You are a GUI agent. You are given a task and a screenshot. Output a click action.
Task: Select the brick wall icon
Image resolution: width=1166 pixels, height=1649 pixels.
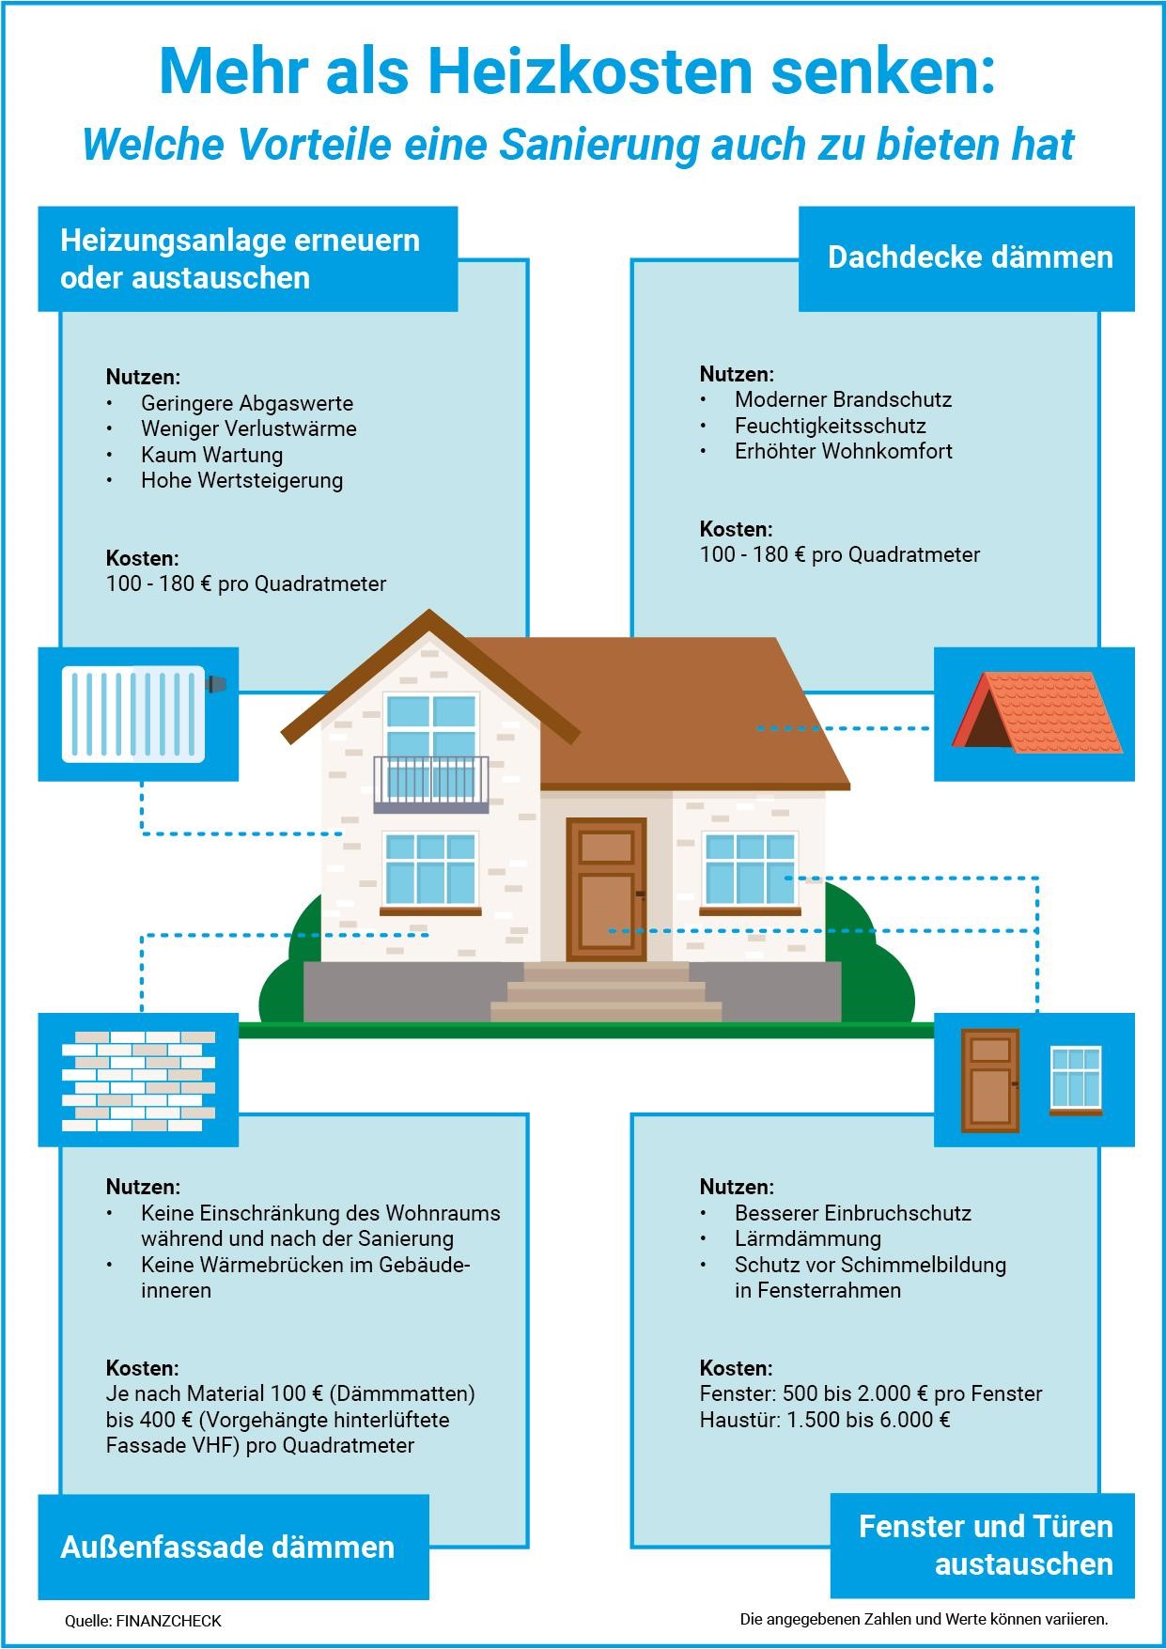138,1081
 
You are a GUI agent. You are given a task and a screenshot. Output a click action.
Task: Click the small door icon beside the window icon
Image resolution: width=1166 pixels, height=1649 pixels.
990,1081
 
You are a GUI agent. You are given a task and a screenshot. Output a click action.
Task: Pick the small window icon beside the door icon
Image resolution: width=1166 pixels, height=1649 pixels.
1076,1081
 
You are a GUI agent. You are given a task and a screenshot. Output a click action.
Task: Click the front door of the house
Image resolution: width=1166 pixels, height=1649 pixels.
606,889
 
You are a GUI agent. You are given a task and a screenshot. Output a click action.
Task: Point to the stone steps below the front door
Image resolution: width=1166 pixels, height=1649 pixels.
606,992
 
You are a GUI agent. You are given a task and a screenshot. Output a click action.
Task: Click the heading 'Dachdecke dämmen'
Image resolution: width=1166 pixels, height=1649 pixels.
970,257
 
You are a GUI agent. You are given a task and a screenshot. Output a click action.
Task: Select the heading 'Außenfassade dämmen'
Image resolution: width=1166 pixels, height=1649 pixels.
227,1547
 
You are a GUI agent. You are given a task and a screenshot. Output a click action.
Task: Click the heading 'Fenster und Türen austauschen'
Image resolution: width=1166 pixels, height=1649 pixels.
986,1545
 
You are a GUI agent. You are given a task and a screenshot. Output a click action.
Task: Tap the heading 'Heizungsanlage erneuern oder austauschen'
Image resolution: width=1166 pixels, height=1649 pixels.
240,258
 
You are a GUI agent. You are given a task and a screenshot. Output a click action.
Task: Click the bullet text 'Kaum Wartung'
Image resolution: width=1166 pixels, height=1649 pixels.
211,455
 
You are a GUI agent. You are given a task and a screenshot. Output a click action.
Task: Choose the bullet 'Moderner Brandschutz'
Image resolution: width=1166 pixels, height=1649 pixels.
843,399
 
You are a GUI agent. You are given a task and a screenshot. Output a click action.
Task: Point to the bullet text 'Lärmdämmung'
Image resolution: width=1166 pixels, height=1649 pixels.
808,1238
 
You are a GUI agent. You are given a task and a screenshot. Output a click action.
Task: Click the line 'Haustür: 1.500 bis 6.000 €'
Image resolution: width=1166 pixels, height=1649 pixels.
825,1419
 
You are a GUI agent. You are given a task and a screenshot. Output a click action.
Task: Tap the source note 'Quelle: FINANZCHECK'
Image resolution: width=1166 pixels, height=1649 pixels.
143,1621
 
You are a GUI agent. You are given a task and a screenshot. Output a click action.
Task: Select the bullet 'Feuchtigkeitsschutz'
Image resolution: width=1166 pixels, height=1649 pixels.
831,426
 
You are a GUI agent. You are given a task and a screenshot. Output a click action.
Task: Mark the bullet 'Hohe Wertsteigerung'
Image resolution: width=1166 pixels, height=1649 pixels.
241,480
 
